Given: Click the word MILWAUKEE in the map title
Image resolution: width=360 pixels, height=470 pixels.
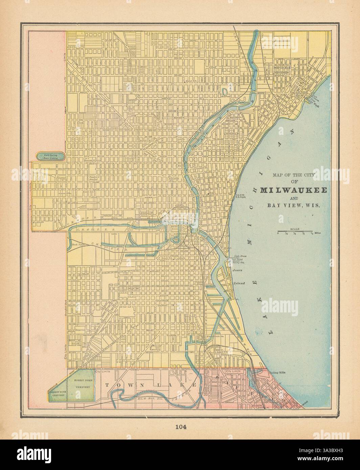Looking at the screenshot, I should [293, 190].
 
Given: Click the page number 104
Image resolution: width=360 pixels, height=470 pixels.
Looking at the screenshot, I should [180, 426].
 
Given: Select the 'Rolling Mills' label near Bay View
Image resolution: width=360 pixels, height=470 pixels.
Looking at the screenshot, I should [277, 373].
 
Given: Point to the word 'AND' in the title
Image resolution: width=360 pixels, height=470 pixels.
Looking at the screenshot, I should [293, 198].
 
